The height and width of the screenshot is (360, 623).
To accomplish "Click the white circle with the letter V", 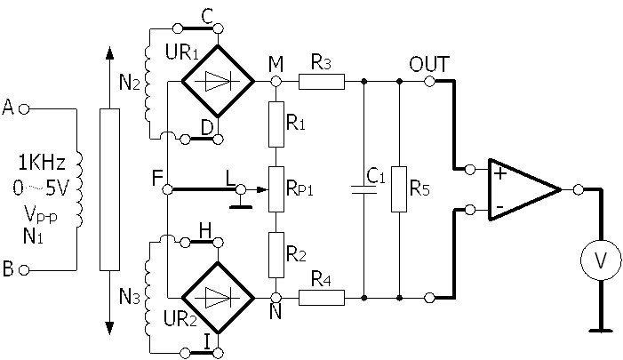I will pyautogui.click(x=601, y=260).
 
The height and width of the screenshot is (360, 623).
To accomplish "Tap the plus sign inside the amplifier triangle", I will pyautogui.click(x=500, y=173).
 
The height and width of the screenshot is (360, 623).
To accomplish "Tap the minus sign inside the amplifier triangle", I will pyautogui.click(x=499, y=207).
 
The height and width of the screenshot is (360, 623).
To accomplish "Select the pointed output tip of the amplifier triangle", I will pyautogui.click(x=553, y=189).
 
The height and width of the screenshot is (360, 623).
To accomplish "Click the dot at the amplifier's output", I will pyautogui.click(x=579, y=189).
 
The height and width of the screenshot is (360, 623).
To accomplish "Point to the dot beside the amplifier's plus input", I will pyautogui.click(x=469, y=169).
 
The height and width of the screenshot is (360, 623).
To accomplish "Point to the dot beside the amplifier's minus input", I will pyautogui.click(x=469, y=211).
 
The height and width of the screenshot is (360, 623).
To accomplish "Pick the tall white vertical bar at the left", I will pyautogui.click(x=109, y=189).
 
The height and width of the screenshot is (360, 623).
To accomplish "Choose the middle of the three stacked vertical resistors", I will pyautogui.click(x=276, y=189).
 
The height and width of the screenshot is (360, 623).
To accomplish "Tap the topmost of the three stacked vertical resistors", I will pyautogui.click(x=276, y=124).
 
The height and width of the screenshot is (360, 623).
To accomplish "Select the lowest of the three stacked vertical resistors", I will pyautogui.click(x=276, y=254).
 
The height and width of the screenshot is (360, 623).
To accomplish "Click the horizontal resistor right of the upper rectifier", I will pyautogui.click(x=321, y=82).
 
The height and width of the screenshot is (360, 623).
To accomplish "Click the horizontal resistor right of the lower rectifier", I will pyautogui.click(x=321, y=298).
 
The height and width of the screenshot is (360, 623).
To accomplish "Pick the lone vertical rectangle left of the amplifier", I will pyautogui.click(x=399, y=189).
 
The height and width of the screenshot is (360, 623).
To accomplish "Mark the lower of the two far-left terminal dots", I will pyautogui.click(x=24, y=269).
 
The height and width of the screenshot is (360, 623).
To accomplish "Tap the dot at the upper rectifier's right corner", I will pyautogui.click(x=276, y=82).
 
